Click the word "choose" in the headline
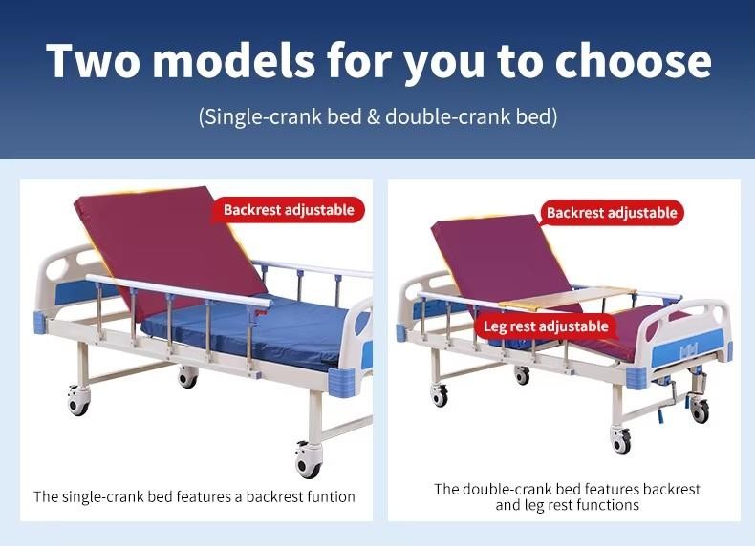[x=633, y=60]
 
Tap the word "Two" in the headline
[x=93, y=60]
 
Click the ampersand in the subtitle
[x=373, y=116]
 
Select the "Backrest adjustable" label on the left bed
[x=289, y=210]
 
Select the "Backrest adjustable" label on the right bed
[x=612, y=213]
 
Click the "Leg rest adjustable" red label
[x=546, y=326]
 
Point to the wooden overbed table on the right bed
[x=568, y=297]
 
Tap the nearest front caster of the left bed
[x=308, y=460]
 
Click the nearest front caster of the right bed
[x=620, y=440]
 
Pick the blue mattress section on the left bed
[x=250, y=332]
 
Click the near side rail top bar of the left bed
[x=179, y=290]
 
